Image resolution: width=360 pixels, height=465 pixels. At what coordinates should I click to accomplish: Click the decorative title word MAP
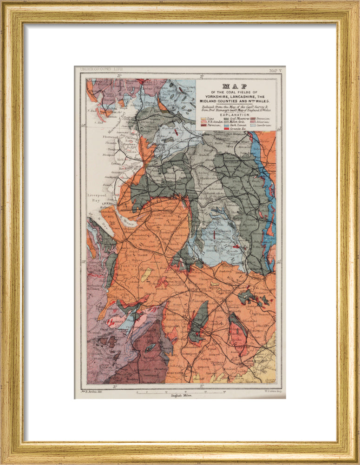[235, 86]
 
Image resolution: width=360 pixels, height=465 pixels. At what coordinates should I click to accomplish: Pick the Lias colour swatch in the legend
[203, 119]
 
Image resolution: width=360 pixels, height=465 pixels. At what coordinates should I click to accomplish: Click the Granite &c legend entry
[235, 128]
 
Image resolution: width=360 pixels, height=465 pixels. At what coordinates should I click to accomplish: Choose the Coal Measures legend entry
[237, 119]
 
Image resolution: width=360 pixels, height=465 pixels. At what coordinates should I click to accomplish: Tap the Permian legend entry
[209, 125]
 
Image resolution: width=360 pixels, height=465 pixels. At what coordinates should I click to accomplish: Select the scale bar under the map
[179, 392]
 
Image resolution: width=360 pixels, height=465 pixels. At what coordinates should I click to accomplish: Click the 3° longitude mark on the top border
[119, 75]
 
